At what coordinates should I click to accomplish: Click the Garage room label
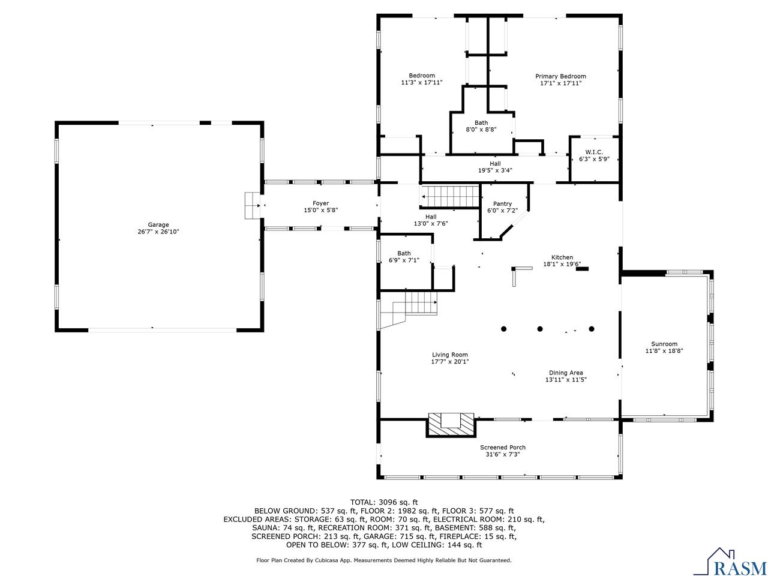(159, 225)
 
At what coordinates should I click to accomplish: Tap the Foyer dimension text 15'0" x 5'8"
(320, 211)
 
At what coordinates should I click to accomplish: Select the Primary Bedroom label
(560, 76)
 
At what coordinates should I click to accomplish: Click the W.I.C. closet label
(594, 152)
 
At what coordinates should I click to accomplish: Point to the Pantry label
(502, 203)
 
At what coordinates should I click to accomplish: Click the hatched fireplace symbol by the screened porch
(451, 424)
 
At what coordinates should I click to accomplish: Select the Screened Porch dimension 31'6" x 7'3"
(503, 455)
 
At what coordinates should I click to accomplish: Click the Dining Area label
(565, 373)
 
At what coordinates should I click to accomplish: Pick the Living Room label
(449, 355)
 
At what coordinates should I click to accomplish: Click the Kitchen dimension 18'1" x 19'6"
(562, 264)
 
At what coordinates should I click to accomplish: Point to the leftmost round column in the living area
(503, 329)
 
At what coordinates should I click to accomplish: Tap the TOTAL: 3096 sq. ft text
(384, 502)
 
